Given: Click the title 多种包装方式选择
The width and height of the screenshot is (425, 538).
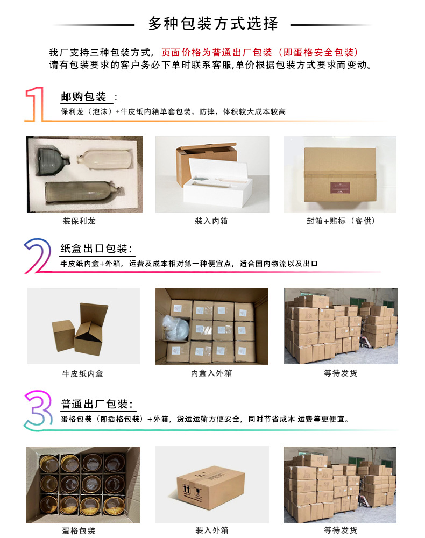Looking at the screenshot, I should pos(212,24).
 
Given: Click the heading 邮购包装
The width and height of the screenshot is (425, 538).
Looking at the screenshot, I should pos(84,97).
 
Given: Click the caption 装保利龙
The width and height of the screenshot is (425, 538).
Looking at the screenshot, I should pos(79,221).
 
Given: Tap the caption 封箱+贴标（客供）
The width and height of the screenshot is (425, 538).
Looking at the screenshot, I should pos(337,221).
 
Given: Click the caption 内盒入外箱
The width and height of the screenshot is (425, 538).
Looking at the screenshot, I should pos(211,373).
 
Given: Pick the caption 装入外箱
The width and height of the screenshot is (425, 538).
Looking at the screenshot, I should pos(211,530).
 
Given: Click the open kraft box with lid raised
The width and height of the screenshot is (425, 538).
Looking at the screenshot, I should pos(90,328).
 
